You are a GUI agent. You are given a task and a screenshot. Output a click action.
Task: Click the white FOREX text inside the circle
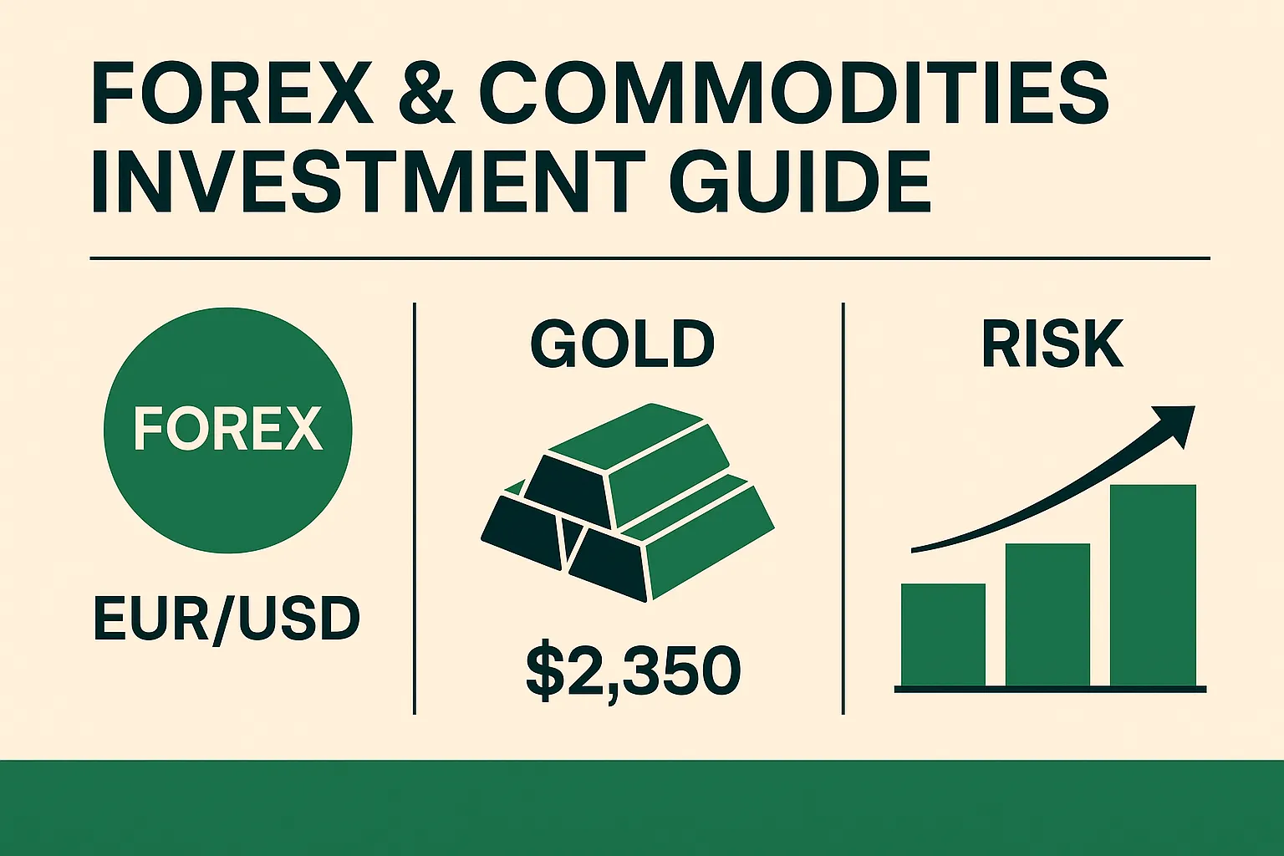(227, 429)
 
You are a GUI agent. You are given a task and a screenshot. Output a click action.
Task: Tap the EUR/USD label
(227, 619)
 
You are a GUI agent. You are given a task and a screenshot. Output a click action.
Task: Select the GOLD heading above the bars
(623, 344)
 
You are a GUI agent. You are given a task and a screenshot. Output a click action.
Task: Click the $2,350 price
(633, 671)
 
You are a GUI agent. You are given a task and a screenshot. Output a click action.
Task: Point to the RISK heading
(1052, 344)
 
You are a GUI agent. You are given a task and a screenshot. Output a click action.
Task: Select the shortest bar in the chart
(943, 634)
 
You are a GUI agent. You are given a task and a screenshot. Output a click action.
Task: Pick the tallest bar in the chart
(1153, 585)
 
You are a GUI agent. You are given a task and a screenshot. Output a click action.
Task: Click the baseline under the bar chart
(1050, 689)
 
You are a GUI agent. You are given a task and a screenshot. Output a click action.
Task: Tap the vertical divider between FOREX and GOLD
(415, 508)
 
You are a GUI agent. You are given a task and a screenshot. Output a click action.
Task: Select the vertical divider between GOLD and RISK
(843, 508)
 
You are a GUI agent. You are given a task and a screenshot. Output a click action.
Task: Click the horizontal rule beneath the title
(650, 258)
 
